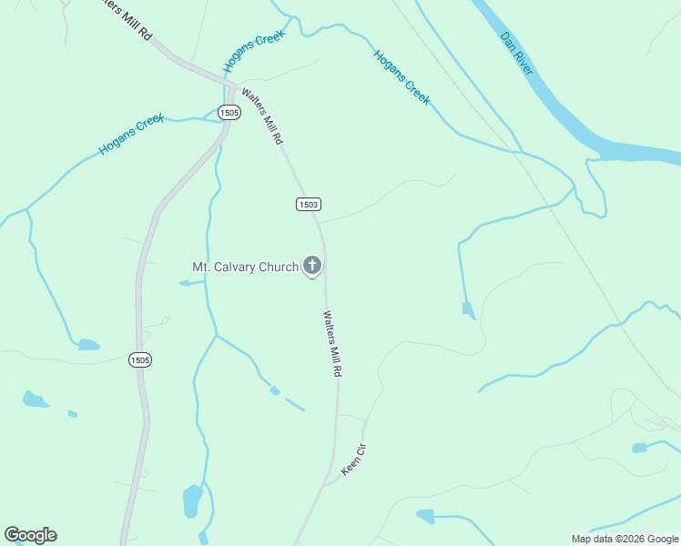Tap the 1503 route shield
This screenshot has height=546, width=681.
click(x=308, y=204)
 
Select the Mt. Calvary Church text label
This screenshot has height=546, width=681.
click(x=245, y=267)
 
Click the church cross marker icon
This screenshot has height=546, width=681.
click(x=312, y=266)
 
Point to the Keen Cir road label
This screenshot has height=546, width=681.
click(x=353, y=460)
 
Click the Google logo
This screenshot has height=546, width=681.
click(x=30, y=535)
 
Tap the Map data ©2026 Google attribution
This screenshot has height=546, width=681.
click(x=625, y=539)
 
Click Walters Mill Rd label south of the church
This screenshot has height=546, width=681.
click(x=332, y=345)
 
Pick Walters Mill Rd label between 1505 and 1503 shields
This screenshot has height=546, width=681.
click(x=262, y=116)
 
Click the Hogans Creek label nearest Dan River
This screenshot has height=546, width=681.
click(x=401, y=77)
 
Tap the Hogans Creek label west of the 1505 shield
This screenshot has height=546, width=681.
click(x=131, y=134)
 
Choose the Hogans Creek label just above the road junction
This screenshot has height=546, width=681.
click(x=254, y=51)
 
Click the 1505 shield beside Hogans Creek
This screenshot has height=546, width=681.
click(x=229, y=112)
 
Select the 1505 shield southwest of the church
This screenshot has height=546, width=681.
click(x=139, y=359)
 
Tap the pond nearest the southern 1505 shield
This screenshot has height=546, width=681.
click(x=88, y=345)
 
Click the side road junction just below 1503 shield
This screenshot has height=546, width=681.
click(x=317, y=221)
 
